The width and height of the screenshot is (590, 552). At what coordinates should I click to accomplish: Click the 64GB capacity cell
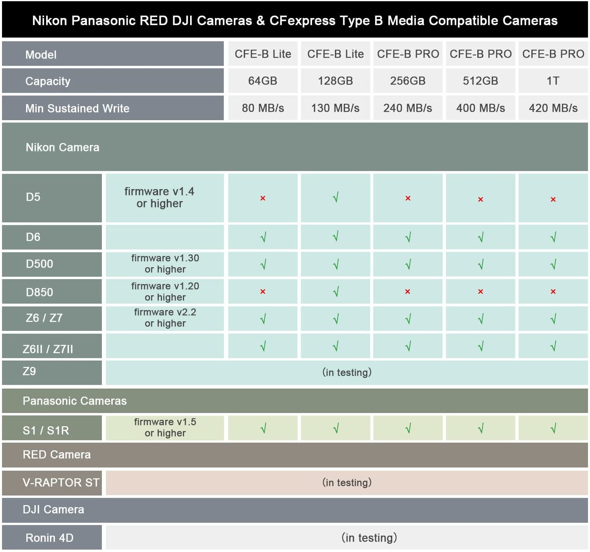[x=263, y=81]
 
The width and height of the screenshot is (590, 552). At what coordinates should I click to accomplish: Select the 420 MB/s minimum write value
[x=553, y=108]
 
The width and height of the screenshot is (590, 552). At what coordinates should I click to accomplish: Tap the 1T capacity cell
[x=553, y=81]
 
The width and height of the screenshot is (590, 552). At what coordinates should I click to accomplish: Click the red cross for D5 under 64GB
[x=263, y=198]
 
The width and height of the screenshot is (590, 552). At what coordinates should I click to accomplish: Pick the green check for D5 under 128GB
[x=336, y=197]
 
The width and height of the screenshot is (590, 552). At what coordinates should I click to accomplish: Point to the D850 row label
[x=39, y=292]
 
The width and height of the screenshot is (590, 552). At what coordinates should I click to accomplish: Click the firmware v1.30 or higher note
[x=165, y=264]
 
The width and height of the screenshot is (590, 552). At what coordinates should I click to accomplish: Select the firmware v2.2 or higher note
[x=165, y=318]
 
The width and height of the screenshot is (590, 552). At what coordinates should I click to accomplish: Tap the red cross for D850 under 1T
[x=553, y=292]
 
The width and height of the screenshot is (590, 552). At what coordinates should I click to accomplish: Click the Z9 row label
[x=29, y=371]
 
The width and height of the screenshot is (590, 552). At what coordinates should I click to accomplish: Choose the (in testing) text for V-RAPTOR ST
[x=347, y=482]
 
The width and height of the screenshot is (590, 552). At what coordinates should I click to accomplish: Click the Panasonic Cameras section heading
[x=75, y=401]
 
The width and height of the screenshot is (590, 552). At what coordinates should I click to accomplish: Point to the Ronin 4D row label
[x=49, y=538]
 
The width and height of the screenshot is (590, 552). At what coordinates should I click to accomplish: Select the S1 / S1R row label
[x=46, y=431]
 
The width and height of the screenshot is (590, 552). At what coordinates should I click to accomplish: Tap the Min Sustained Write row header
[x=77, y=108]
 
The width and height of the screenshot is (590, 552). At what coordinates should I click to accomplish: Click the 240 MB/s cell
[x=408, y=108]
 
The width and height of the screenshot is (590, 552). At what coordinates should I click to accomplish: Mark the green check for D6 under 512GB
[x=481, y=238]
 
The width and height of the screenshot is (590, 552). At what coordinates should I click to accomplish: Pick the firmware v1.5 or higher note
[x=165, y=427]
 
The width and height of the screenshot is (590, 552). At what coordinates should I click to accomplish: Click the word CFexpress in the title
[x=302, y=20]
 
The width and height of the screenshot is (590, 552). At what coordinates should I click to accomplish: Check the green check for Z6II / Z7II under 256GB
[x=408, y=346]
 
